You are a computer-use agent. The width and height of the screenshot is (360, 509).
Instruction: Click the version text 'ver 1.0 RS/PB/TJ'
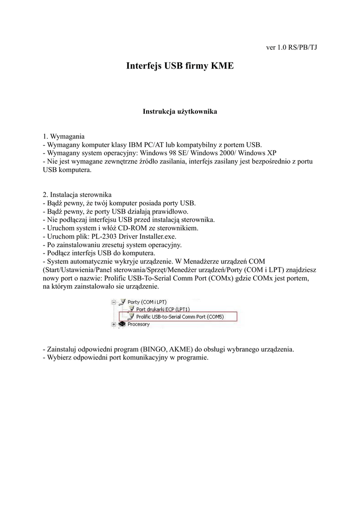tap(292, 48)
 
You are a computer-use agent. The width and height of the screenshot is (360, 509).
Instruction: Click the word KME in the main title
tap(222, 66)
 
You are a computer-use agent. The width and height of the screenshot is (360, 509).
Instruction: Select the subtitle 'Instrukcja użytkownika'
tap(180, 112)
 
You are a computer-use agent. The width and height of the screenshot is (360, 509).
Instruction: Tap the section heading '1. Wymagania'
tap(64, 136)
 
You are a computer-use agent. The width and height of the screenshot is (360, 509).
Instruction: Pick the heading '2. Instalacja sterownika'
tap(77, 194)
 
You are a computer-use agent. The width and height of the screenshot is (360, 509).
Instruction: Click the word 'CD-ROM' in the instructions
tap(129, 228)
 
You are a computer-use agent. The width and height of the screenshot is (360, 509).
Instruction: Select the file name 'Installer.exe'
tap(155, 237)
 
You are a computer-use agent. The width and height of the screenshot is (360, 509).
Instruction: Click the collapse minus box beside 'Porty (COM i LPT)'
tap(114, 302)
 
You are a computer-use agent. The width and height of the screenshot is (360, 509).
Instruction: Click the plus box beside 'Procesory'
tap(114, 325)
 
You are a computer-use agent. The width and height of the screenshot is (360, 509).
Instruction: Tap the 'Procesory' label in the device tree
tap(139, 325)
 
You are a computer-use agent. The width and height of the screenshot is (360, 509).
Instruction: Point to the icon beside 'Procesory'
tap(122, 325)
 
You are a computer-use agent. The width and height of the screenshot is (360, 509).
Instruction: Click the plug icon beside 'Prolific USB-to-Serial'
tap(130, 317)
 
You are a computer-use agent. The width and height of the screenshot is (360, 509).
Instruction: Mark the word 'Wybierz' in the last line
tap(59, 358)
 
